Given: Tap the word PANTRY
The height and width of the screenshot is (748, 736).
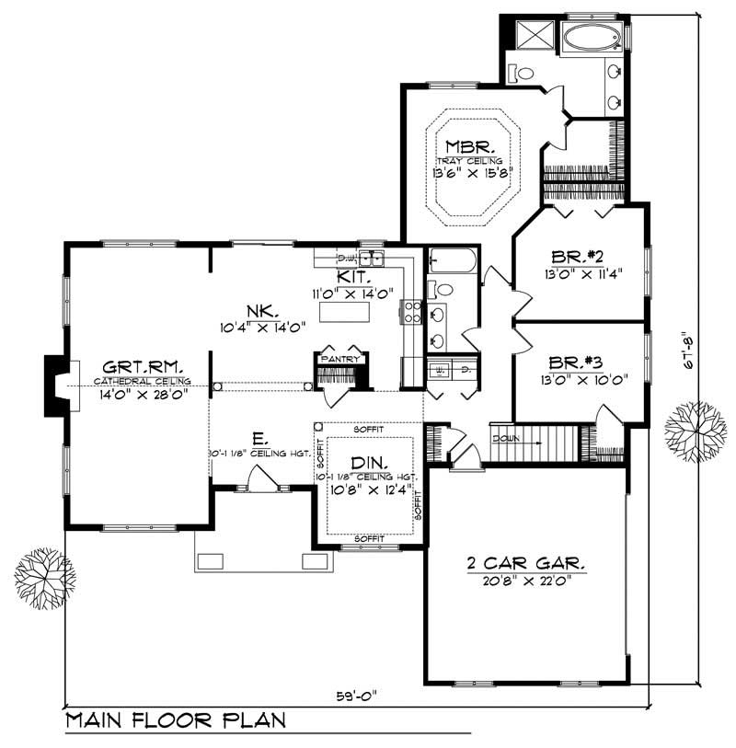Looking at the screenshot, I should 339,350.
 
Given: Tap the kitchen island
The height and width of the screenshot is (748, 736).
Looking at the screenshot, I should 343,312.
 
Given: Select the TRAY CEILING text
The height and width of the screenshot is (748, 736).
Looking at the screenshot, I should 469,160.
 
